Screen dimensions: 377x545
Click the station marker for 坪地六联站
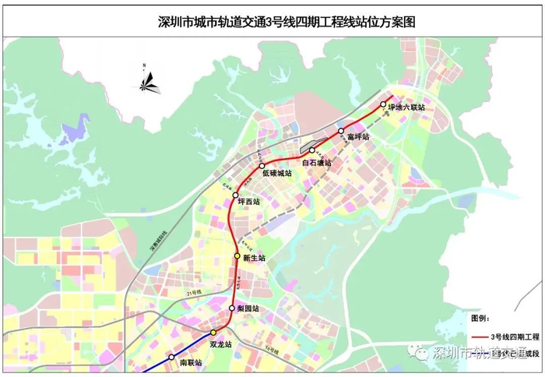coord(383,104)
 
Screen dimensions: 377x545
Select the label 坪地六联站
coord(406,107)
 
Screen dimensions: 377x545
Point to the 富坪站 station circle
coord(341,131)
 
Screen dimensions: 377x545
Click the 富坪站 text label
coord(358,137)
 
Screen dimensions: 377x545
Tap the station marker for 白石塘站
coord(311,151)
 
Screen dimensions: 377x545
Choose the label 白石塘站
coord(317,163)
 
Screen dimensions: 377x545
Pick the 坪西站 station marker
coord(236,196)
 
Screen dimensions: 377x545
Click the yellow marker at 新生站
coord(237,255)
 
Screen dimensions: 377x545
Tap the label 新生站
coord(255,258)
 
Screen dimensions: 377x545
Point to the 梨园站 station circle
coord(231,309)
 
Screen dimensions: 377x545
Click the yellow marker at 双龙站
coord(213,333)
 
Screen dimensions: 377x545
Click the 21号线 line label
coord(194,291)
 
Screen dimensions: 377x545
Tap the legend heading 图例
coord(481,319)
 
